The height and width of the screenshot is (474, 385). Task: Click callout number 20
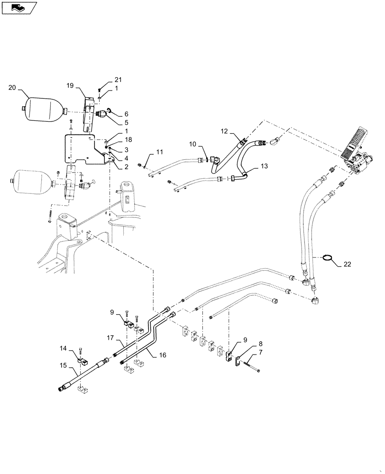pyautogui.click(x=12, y=87)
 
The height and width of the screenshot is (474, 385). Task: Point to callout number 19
pyautogui.click(x=70, y=86)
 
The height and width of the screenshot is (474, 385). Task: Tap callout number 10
pyautogui.click(x=193, y=144)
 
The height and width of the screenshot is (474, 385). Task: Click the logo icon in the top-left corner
pyautogui.click(x=18, y=7)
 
